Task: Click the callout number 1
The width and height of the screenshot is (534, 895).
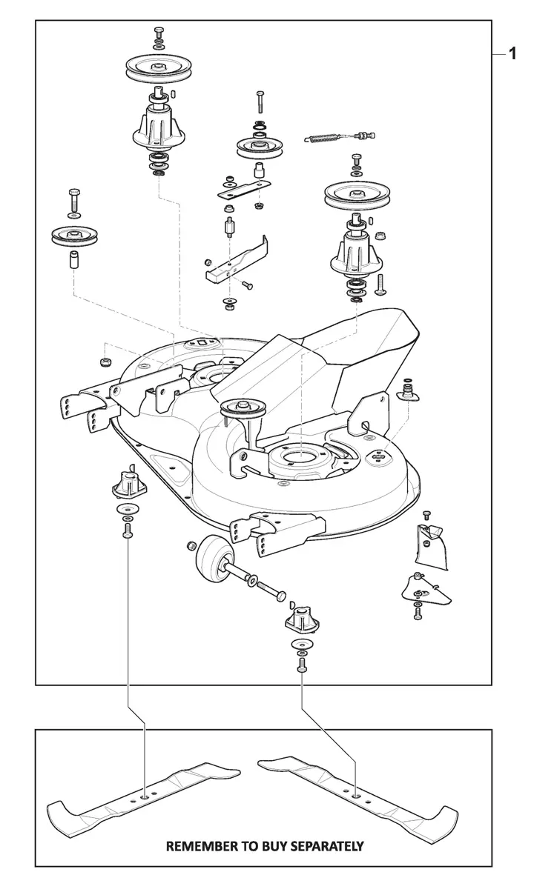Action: [512, 53]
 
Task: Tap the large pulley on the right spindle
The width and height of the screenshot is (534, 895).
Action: [357, 196]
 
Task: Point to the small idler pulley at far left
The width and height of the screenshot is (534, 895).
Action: [75, 237]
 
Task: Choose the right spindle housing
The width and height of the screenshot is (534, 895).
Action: [357, 252]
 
